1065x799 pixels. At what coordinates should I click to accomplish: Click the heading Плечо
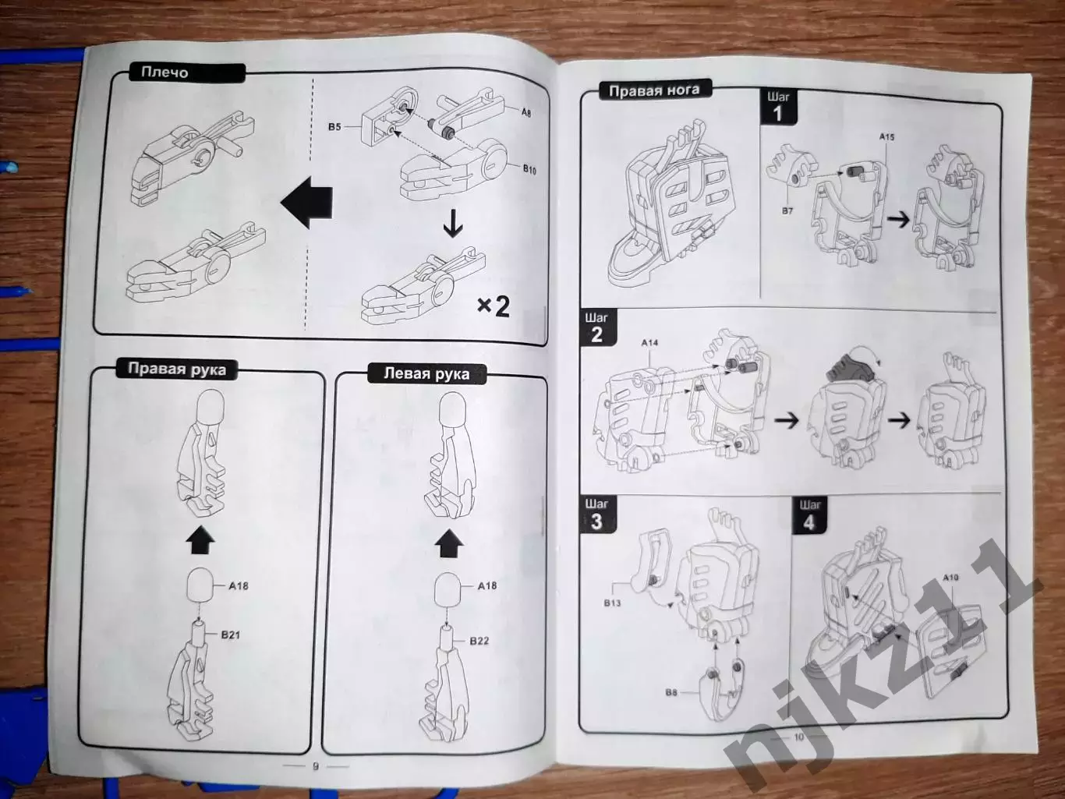(x=165, y=72)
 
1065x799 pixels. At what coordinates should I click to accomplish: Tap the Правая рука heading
(x=177, y=369)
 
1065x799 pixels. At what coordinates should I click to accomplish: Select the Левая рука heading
(x=426, y=373)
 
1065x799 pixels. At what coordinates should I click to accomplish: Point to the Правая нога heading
(x=654, y=90)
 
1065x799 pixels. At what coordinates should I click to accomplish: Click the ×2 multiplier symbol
(x=494, y=306)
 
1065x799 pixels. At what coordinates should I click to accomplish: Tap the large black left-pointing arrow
(x=306, y=202)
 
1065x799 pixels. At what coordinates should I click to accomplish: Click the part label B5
(x=334, y=127)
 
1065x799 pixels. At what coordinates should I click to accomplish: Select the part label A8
(x=526, y=112)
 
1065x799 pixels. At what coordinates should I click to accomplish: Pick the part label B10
(x=529, y=169)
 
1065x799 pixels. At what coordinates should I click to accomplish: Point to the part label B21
(x=231, y=635)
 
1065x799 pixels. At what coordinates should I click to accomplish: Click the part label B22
(x=479, y=641)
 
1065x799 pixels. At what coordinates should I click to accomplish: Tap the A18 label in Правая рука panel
(x=239, y=586)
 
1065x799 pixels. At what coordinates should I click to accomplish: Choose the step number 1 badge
(x=778, y=108)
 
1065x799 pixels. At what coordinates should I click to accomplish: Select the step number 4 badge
(x=808, y=516)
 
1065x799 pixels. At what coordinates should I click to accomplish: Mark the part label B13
(x=612, y=603)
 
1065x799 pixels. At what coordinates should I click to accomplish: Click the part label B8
(x=671, y=692)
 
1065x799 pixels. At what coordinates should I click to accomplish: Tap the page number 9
(x=316, y=766)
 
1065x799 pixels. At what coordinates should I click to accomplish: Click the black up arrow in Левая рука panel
(x=449, y=543)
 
